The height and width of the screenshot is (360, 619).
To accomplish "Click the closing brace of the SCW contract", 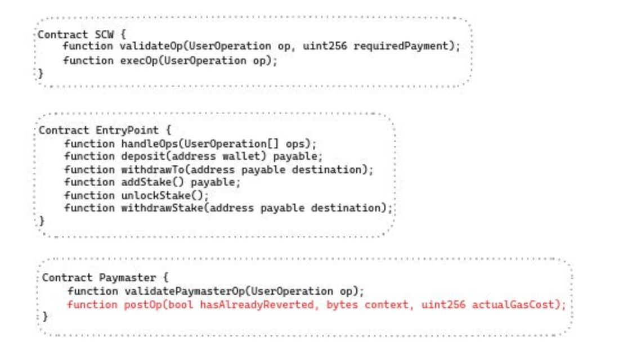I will (41, 73).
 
